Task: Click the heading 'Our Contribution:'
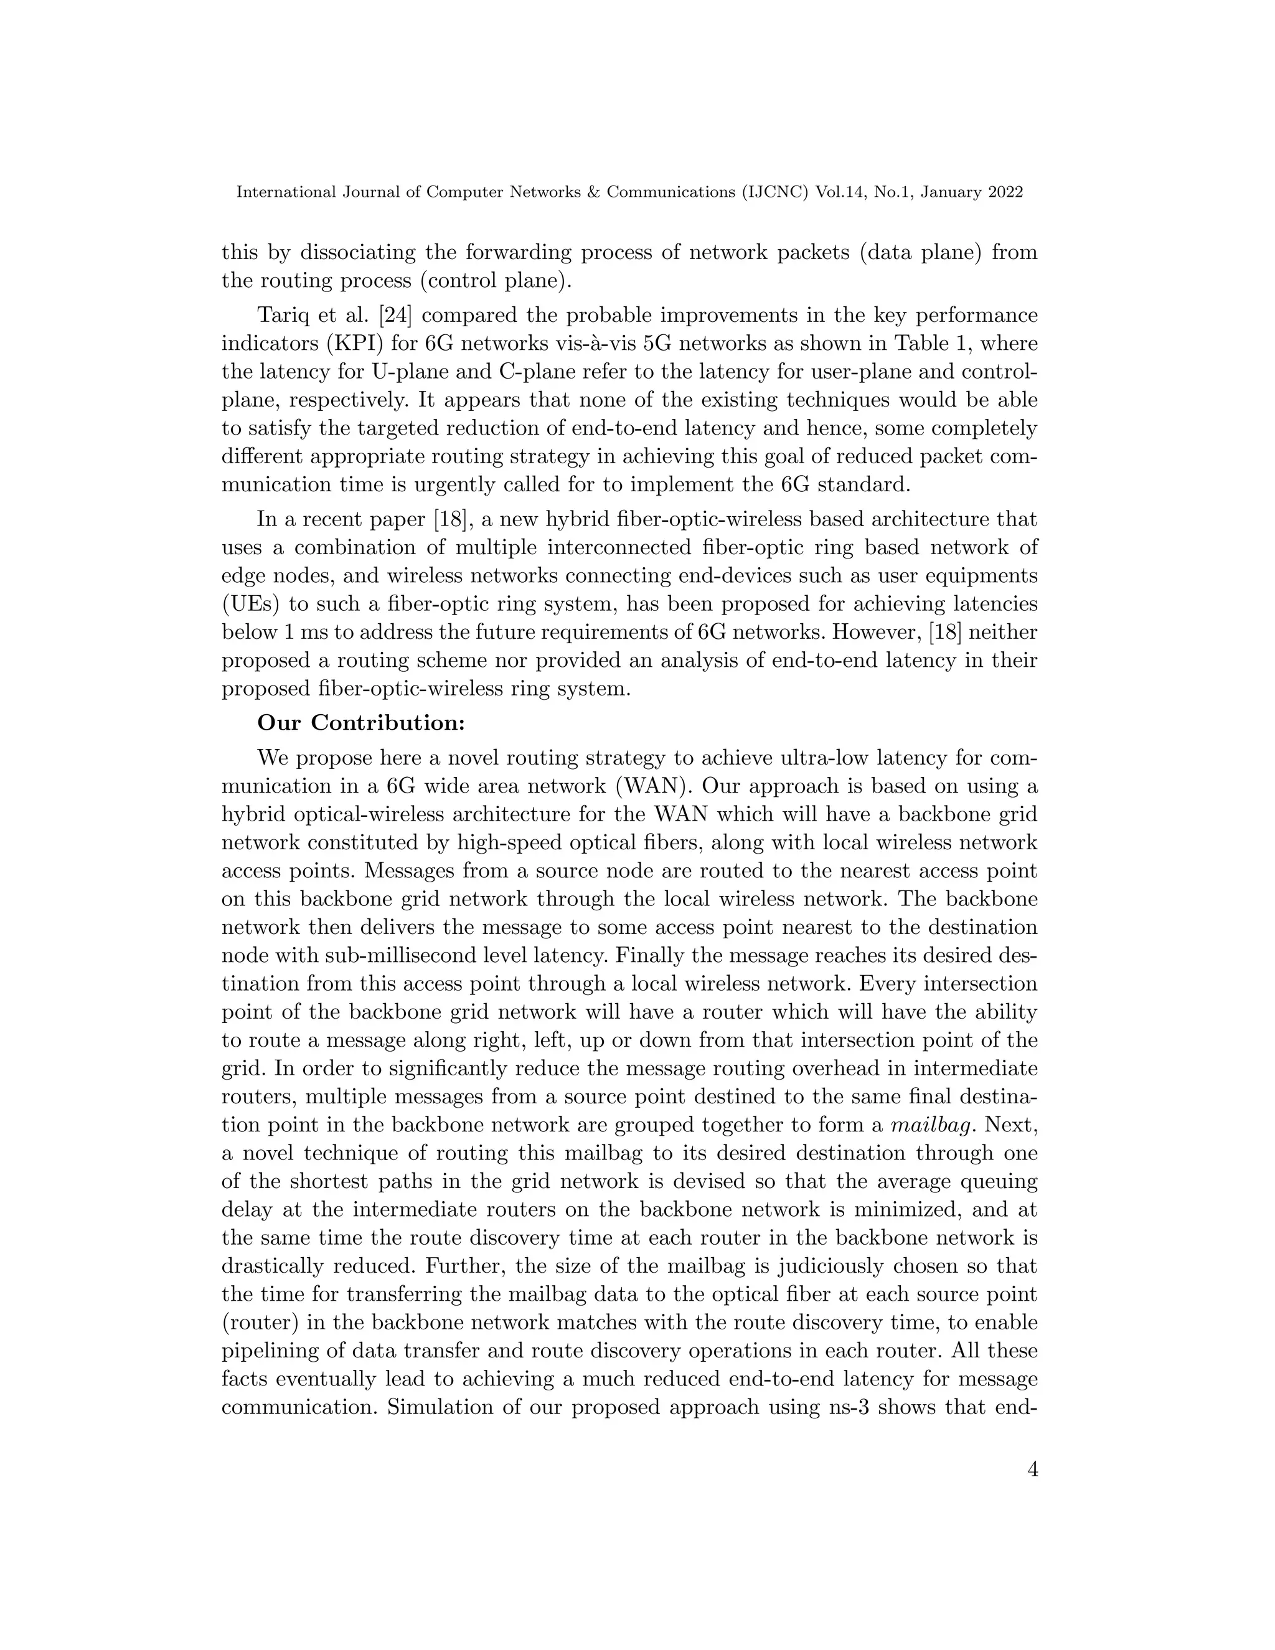[361, 724]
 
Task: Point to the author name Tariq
[282, 315]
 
